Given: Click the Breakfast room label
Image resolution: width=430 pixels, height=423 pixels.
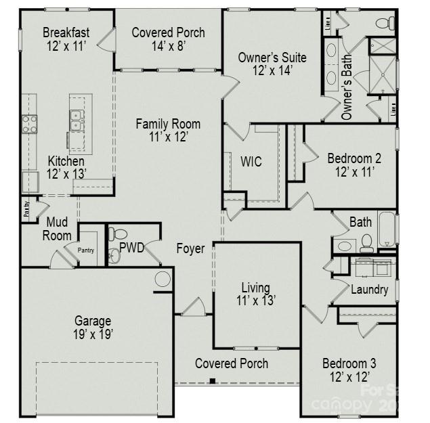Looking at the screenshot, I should pos(66,32).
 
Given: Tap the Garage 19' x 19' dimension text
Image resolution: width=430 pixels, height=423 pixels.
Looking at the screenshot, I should pos(93,334).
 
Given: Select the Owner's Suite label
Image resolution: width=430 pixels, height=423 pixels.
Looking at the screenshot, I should pos(272,58).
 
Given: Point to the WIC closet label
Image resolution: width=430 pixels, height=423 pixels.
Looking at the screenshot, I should pos(251,162).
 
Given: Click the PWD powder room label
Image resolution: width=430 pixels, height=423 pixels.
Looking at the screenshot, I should pos(132,248).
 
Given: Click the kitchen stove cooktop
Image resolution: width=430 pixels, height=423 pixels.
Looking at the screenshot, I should pos(30,124).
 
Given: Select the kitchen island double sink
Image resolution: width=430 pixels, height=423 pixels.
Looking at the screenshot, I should pos(77,121).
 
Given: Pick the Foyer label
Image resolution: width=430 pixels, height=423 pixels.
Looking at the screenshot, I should pos(190,248).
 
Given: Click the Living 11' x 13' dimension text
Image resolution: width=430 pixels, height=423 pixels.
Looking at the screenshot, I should pos(255,301).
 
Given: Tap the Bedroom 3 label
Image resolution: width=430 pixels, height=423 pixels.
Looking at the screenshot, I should pos(349,363).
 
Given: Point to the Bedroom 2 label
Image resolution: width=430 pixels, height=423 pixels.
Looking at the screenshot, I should pos(354,158).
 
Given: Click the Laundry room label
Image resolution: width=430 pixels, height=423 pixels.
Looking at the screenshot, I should pos(369,290).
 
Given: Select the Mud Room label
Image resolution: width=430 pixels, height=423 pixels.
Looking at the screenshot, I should pos(58,229).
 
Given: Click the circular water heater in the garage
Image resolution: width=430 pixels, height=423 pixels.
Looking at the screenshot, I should pos(163,279).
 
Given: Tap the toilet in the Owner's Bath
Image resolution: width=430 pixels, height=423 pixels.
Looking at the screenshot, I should pos(384,24).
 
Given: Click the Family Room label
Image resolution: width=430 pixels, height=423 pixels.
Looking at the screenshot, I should pos(168,124).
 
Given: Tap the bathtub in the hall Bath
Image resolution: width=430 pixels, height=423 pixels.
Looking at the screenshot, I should pos(386,229).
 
